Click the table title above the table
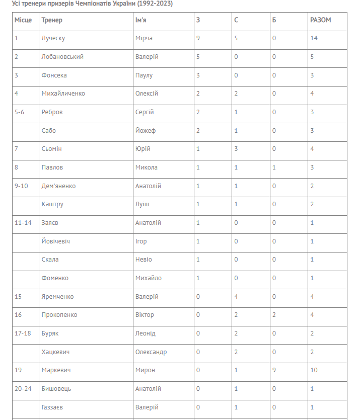point(92,4)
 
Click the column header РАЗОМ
point(321,20)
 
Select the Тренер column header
point(52,20)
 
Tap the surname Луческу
point(53,38)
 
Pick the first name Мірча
point(144,38)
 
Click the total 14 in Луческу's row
point(314,38)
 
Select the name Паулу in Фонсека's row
point(144,75)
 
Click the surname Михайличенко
point(63,94)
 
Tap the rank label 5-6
point(20,112)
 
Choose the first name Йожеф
point(146,131)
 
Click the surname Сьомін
point(52,149)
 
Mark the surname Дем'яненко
point(58,186)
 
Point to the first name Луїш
point(142,204)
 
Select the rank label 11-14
point(23,223)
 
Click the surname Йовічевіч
point(56,241)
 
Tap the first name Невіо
point(143,260)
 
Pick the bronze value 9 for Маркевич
point(274,370)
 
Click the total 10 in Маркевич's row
point(314,370)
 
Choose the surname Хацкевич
point(56,352)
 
